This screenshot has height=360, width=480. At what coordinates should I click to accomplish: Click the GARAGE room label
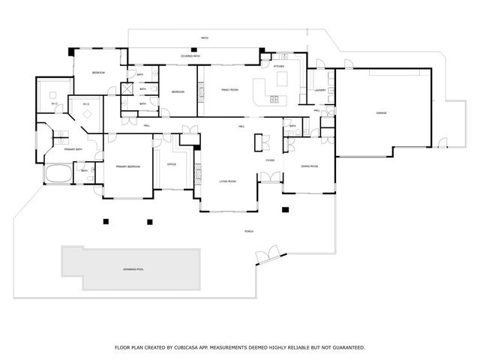pos(381,113)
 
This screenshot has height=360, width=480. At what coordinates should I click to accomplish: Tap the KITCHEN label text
pos(279,67)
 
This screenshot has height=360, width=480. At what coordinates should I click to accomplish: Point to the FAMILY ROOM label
pos(229,90)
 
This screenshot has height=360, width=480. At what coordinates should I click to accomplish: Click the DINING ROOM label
pos(310,166)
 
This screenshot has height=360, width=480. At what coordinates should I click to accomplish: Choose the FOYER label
pos(269,160)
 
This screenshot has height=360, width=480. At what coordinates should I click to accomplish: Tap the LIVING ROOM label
pos(227,181)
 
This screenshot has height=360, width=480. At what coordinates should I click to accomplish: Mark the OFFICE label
pos(171,163)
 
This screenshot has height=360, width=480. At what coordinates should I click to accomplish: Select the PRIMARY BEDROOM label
pos(127,166)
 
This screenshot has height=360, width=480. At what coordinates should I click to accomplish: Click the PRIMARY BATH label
pos(73,150)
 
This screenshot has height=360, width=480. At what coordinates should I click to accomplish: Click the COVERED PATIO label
pos(190,56)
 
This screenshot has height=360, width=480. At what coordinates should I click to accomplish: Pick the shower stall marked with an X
pos(127,87)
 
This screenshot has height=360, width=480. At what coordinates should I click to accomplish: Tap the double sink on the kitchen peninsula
pos(274,100)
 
